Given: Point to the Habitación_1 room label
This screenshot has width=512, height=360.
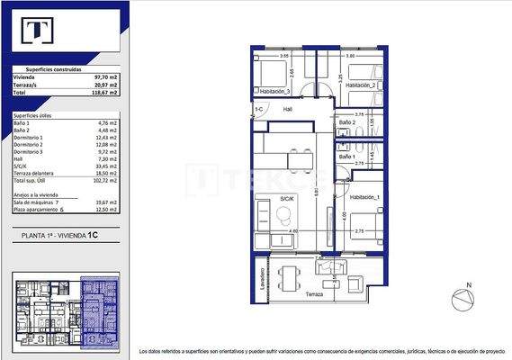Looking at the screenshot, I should point(366,197).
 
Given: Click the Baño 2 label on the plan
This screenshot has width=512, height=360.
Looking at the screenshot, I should point(346,122).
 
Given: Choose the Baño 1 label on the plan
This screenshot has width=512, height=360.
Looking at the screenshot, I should point(346,157).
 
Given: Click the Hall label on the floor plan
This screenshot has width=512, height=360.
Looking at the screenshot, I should point(288,109).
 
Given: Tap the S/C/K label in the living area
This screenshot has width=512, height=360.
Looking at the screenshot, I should point(287,198).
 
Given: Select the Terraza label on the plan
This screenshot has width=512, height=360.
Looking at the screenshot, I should point(313,294).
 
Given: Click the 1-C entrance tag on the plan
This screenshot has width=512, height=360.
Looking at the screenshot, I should point(258,109).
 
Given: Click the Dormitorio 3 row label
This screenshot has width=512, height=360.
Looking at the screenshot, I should point(31,152).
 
